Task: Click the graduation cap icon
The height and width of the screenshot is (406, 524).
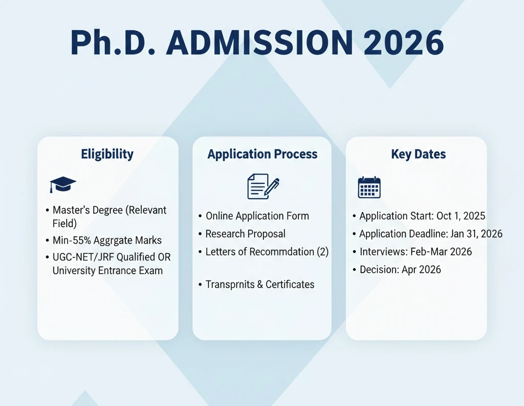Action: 63,184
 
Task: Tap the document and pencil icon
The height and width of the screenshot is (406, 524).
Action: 263,186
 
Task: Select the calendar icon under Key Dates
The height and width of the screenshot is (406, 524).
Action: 369,187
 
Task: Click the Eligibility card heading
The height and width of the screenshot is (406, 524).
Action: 107,154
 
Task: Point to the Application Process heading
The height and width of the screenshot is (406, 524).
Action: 263,154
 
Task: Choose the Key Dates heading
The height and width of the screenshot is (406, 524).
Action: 418,154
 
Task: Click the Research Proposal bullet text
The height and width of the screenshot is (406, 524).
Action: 245,234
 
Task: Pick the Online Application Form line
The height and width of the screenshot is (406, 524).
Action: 257,216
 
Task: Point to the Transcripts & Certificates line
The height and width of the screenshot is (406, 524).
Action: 259,284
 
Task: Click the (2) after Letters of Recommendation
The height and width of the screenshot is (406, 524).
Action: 323,252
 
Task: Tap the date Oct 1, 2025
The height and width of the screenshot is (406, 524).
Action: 461,216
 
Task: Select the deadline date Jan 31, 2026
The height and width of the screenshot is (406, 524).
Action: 476,234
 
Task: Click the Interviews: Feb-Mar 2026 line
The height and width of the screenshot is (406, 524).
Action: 416,252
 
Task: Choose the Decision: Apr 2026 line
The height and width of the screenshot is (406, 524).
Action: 400,269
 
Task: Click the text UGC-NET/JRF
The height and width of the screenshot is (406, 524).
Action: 83,257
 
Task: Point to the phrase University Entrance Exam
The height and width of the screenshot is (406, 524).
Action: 107,271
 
